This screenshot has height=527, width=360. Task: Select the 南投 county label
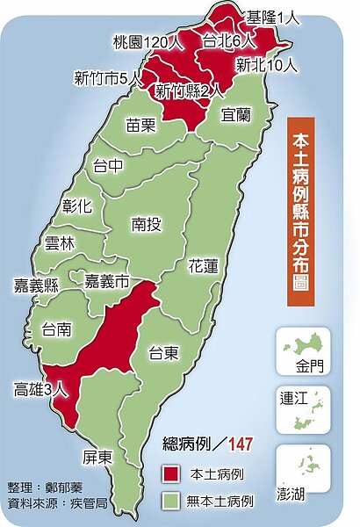[145, 225]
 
